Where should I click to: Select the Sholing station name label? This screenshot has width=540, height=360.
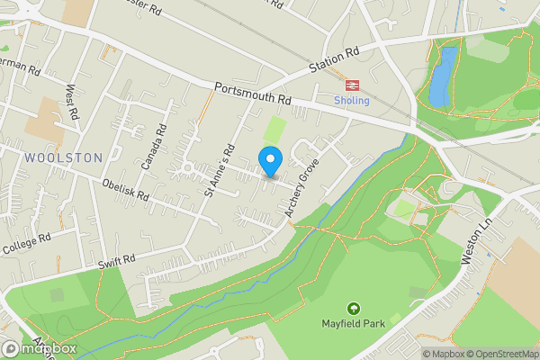tap(351, 101)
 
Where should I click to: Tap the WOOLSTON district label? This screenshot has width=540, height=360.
tap(65, 157)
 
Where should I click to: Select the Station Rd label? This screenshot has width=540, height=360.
tap(334, 59)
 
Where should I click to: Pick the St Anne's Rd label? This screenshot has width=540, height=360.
tap(219, 170)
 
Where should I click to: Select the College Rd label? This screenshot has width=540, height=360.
tap(26, 241)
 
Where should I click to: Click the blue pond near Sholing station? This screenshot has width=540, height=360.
tap(441, 77)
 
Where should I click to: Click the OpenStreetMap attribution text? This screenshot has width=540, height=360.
tap(500, 354)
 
